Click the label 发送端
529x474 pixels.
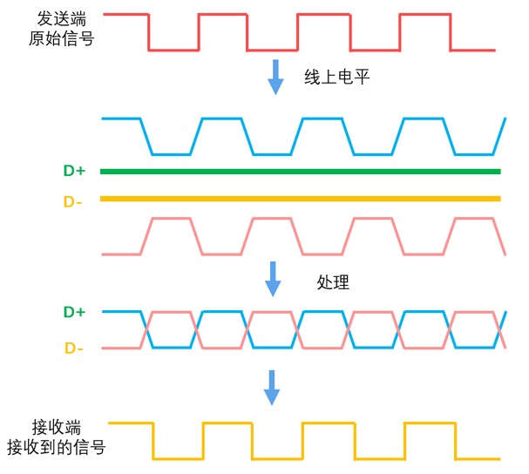click(61, 18)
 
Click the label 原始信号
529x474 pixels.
click(61, 38)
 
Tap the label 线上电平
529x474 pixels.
click(337, 77)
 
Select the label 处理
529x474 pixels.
click(333, 281)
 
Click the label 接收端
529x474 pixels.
click(57, 427)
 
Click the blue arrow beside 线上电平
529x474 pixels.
click(275, 77)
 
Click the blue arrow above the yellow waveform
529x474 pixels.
click(272, 387)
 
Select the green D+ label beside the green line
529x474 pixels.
click(74, 171)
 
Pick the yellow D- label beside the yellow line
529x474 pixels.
click(73, 201)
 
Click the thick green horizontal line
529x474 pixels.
click(301, 171)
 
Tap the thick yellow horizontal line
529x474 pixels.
click(301, 199)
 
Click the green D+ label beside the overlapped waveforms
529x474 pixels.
click(74, 312)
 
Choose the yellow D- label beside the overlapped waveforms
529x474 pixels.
click(74, 349)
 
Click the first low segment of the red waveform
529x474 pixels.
click(173, 50)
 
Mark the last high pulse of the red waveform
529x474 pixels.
click(424, 15)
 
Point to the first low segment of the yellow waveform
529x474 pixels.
click(178, 458)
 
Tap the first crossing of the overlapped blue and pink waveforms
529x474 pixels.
click(146, 329)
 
